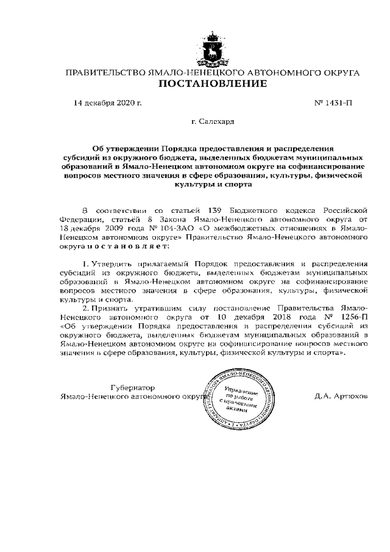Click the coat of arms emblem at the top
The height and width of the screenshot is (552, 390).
(212, 49)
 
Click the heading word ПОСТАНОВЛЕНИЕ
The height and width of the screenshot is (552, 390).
(212, 84)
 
